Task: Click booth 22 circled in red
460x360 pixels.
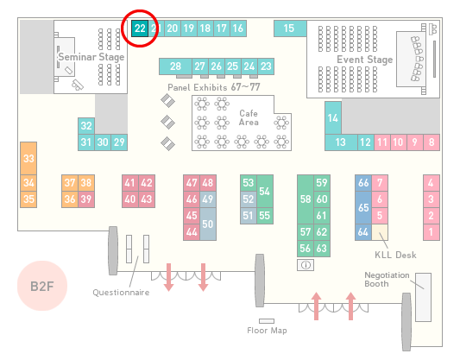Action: tap(140, 28)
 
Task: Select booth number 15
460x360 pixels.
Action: tap(290, 28)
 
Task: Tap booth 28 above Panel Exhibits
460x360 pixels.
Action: tap(175, 66)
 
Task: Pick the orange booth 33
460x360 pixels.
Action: tap(28, 159)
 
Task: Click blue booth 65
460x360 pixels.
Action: tap(363, 207)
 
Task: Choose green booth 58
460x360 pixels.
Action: tap(306, 199)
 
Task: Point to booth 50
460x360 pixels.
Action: tap(208, 224)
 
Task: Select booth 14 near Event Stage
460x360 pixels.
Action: tap(333, 118)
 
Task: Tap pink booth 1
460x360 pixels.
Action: tap(432, 232)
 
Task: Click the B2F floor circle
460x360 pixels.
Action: tap(42, 286)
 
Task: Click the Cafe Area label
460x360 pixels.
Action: tap(249, 117)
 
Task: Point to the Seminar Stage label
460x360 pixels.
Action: tap(91, 57)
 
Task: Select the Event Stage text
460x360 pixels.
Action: tap(365, 60)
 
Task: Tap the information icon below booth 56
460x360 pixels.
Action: tap(306, 265)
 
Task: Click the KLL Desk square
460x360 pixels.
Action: tap(380, 232)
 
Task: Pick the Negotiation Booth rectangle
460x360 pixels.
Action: tap(424, 297)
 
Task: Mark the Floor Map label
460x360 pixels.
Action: tap(267, 331)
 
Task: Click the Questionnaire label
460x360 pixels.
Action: tap(121, 293)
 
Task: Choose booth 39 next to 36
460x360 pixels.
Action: tap(86, 199)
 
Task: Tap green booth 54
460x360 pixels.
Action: tap(265, 192)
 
